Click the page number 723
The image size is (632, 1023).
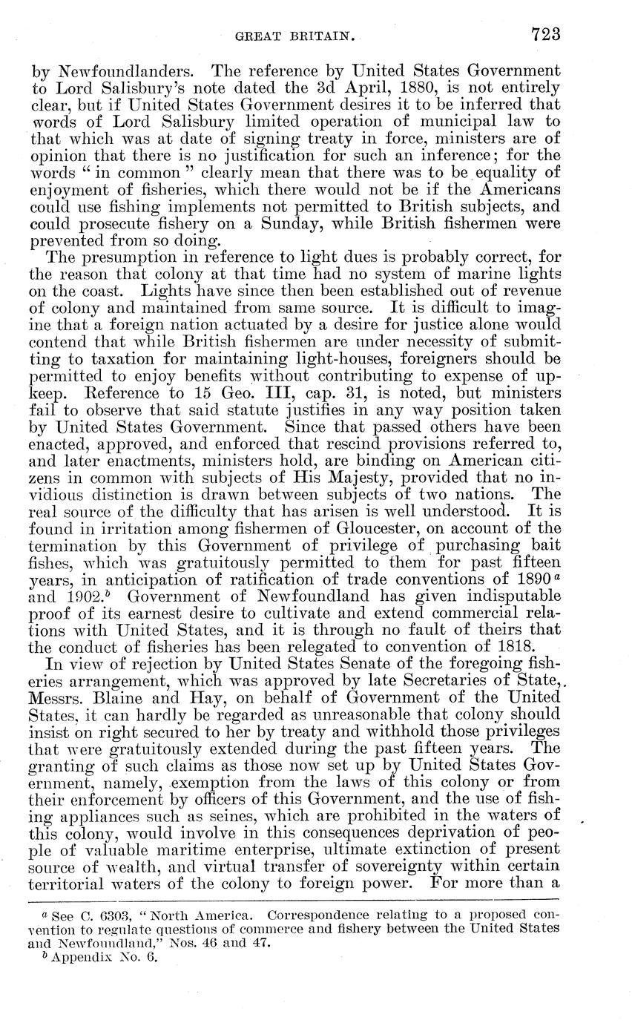pos(545,34)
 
